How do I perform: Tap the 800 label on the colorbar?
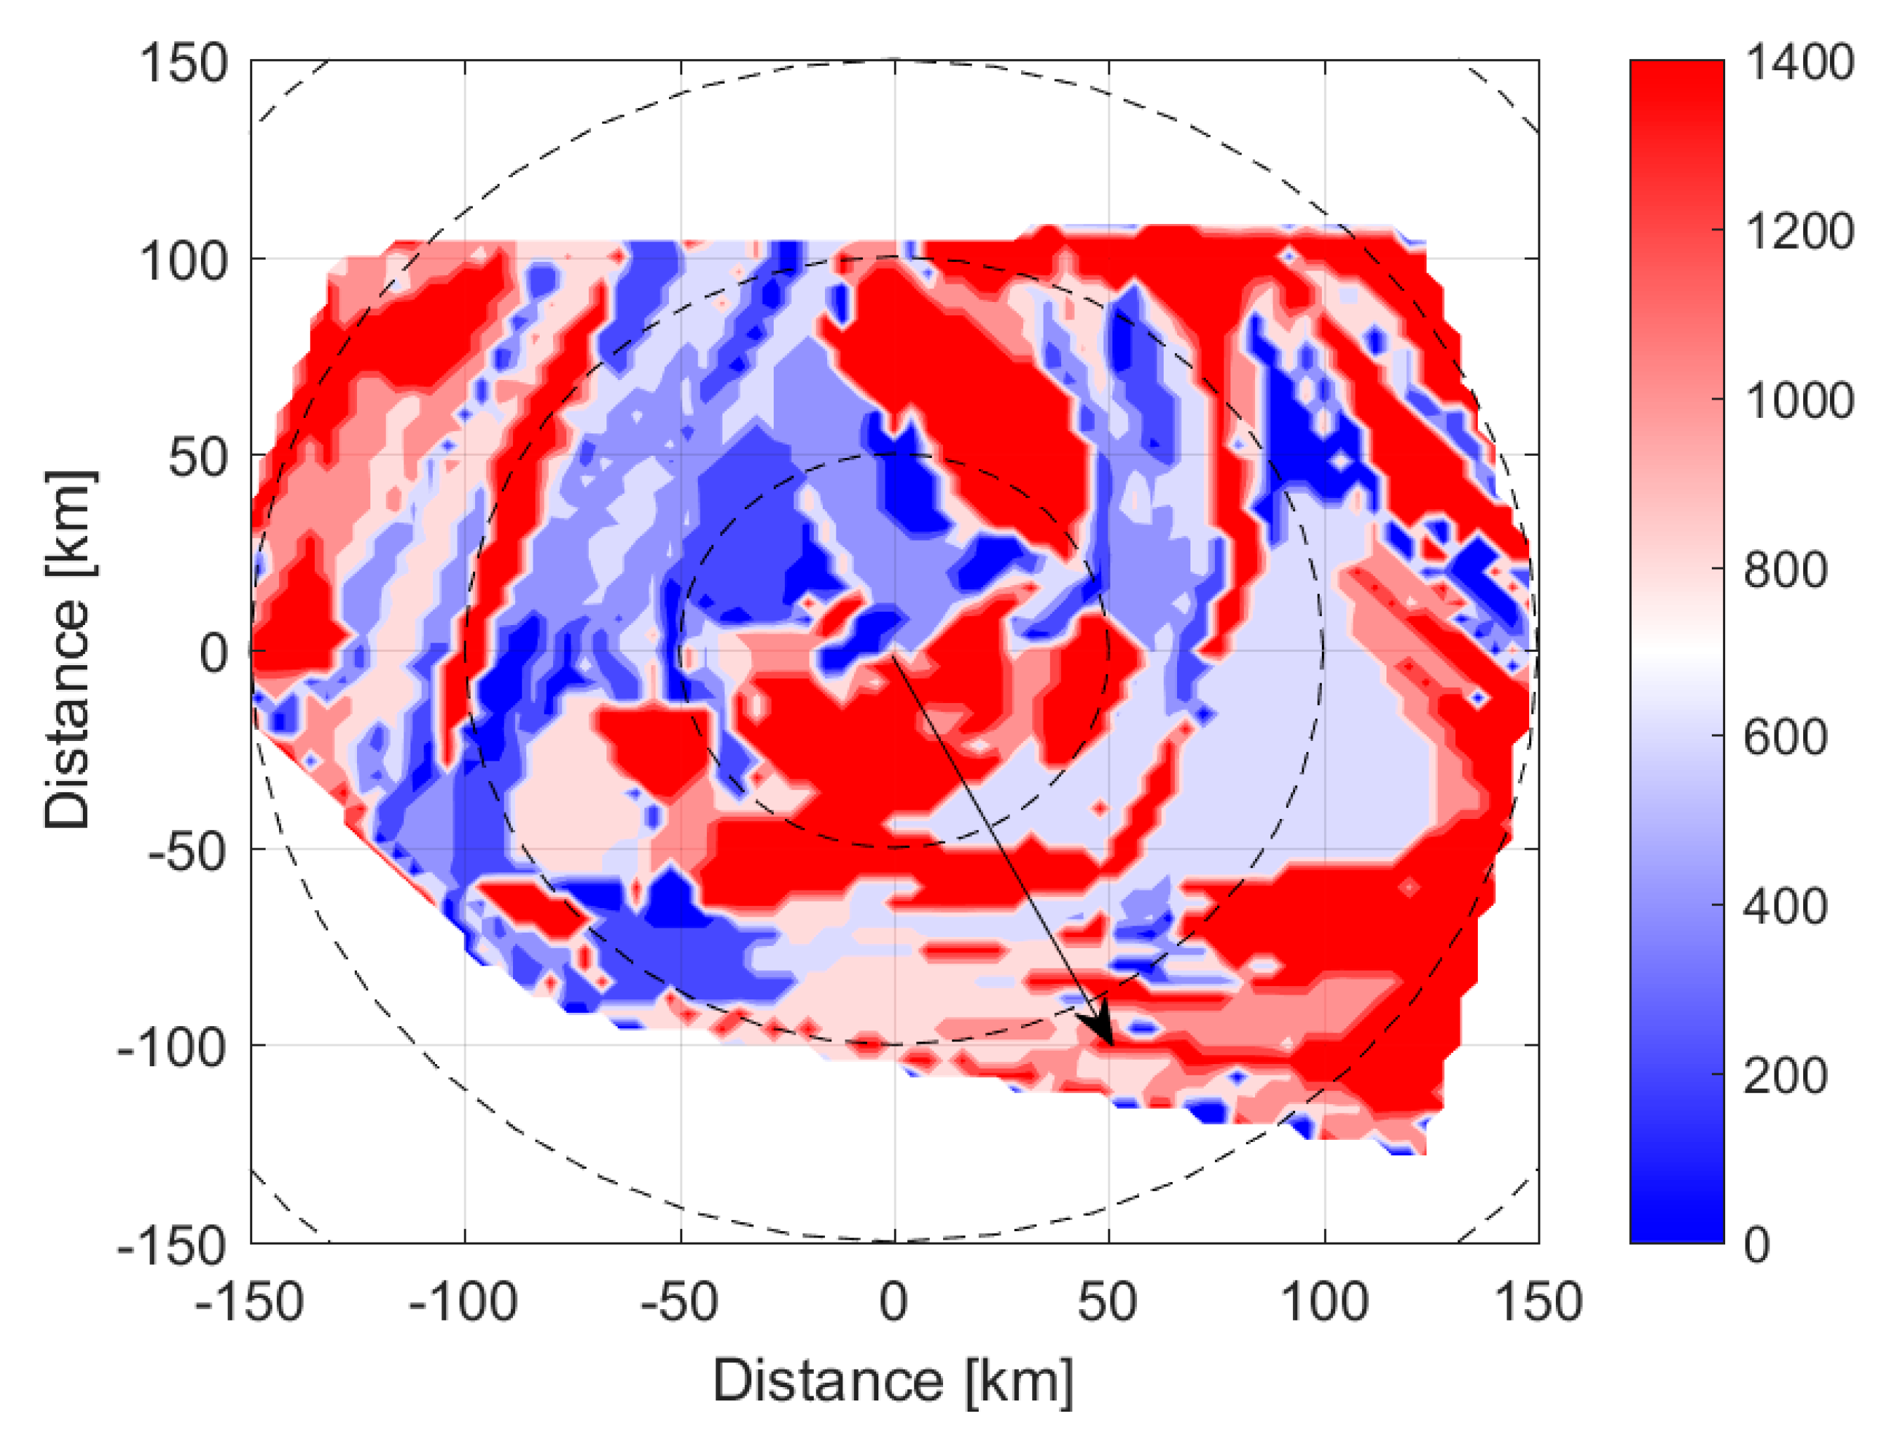1785,570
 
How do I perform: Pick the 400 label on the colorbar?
1785,907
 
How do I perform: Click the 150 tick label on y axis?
184,63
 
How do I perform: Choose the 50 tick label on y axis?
198,458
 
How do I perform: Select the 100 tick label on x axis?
1324,1303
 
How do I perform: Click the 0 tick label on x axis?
893,1303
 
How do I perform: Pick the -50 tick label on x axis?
680,1303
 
